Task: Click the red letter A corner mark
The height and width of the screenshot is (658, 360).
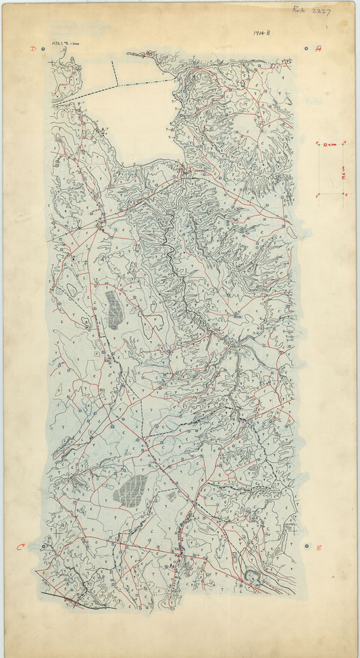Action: point(318,49)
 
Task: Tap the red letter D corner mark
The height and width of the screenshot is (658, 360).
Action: point(32,49)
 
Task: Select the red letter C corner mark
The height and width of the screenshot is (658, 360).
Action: point(20,547)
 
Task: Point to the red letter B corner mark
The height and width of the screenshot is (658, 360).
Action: point(319,547)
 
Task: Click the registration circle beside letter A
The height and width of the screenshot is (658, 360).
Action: point(307,49)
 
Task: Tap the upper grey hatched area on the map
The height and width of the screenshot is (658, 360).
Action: point(114,309)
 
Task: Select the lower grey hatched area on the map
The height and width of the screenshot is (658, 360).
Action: point(131,490)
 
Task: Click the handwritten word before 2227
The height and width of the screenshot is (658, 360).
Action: point(299,10)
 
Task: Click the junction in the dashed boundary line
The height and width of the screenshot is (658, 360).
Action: point(117,86)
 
